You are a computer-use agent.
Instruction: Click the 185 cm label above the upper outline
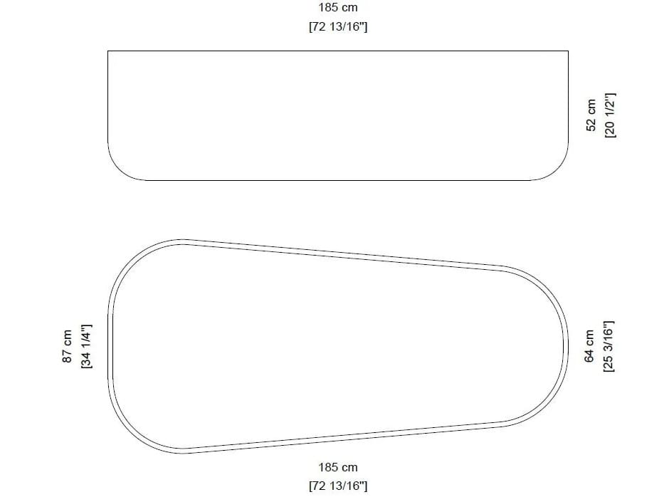tap(338, 9)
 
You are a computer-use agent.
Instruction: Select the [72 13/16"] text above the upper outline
tap(338, 27)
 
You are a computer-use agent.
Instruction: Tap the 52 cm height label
tap(591, 115)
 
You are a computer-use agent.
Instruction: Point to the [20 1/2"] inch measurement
tap(609, 115)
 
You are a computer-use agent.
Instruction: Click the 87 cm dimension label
tap(68, 346)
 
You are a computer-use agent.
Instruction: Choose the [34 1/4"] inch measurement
tap(86, 346)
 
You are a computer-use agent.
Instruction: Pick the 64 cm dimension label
tap(589, 346)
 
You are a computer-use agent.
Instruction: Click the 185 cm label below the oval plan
tap(338, 468)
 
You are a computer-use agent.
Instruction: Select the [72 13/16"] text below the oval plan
tap(338, 486)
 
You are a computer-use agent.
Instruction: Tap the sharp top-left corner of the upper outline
tap(108, 51)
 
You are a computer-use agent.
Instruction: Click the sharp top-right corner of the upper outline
tap(568, 51)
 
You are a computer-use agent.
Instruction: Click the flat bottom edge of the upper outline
tap(338, 180)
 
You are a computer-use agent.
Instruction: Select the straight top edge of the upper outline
tap(338, 51)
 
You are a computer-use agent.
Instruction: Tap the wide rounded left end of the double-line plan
tap(112, 346)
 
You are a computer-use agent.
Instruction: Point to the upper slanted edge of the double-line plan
tap(342, 253)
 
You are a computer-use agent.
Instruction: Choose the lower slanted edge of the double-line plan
tap(342, 438)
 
